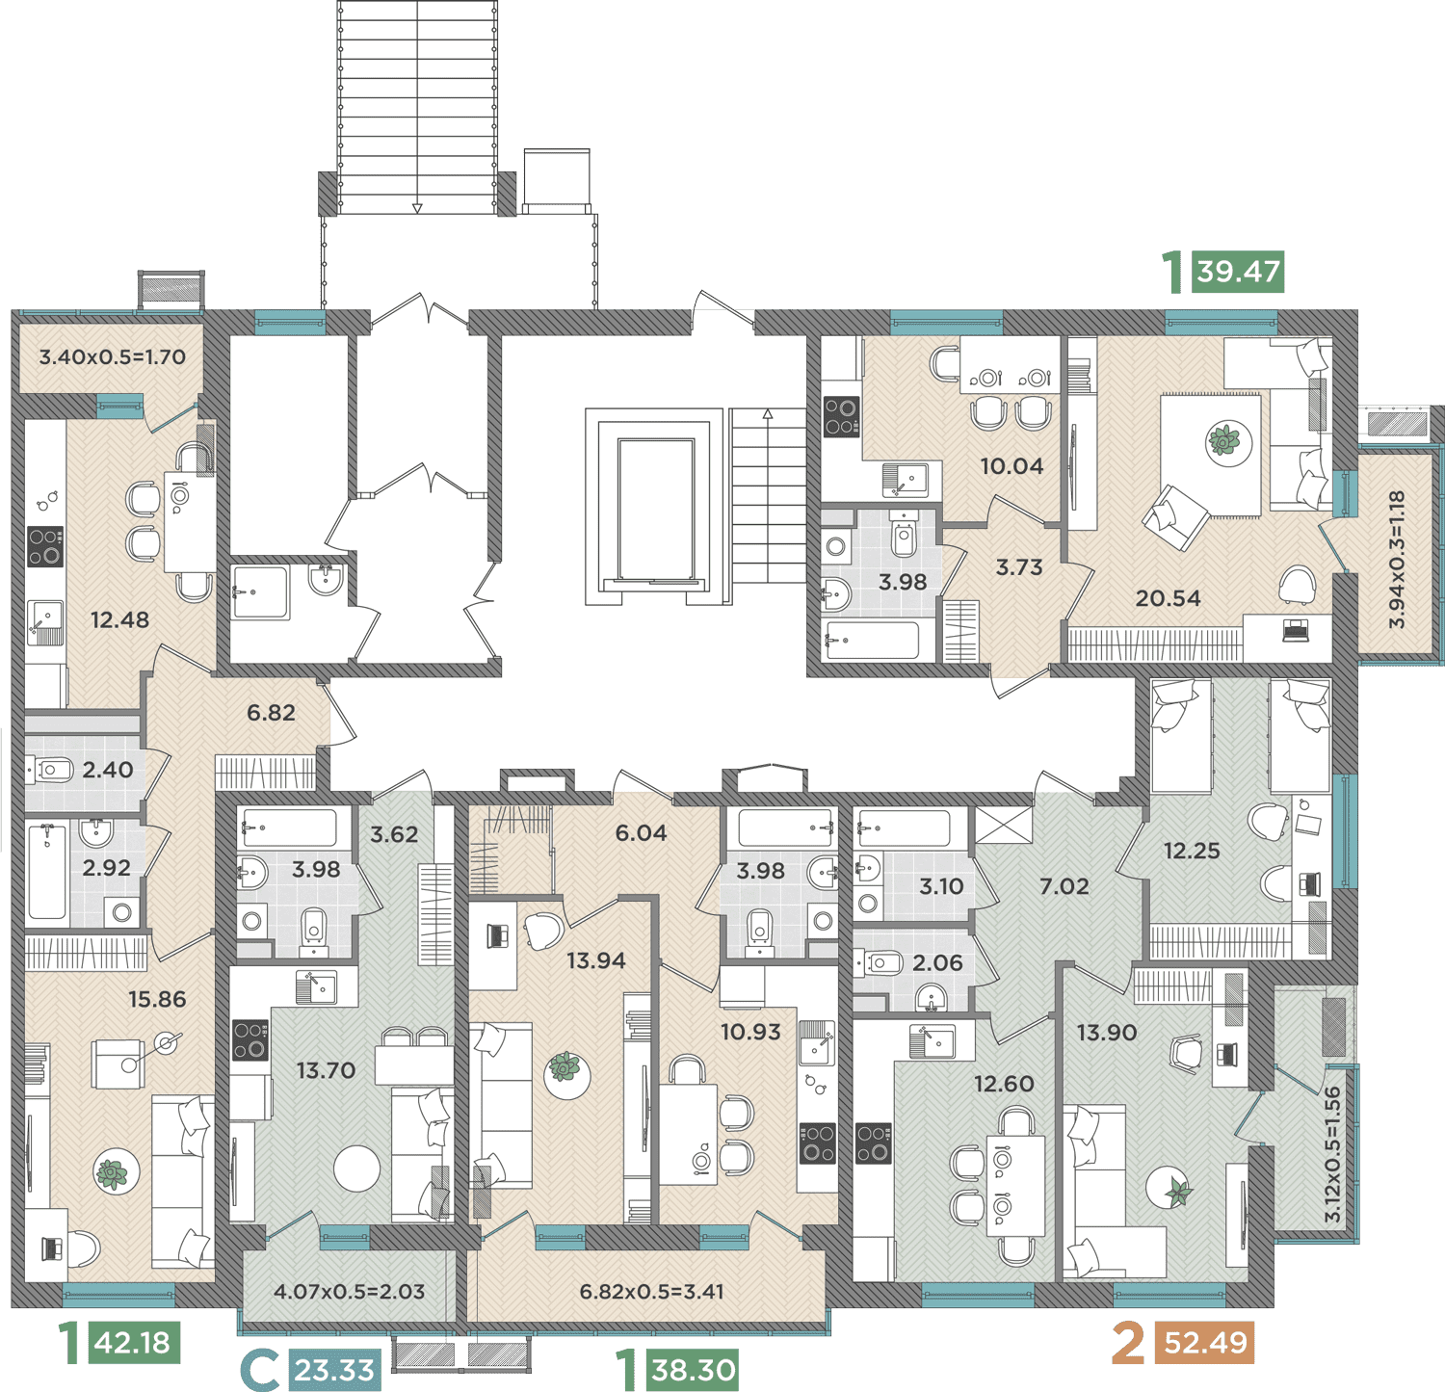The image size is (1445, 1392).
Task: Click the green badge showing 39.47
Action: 1238,272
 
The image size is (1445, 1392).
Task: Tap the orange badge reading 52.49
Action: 1205,1342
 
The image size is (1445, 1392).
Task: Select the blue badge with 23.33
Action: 334,1370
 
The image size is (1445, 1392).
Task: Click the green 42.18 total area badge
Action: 133,1342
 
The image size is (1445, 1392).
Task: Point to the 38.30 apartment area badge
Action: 694,1370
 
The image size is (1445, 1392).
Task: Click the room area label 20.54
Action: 1168,598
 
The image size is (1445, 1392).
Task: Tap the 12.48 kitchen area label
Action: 119,619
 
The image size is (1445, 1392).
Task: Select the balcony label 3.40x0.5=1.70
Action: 112,356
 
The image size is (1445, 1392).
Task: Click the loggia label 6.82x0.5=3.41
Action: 651,1291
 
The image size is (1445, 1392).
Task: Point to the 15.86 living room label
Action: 157,999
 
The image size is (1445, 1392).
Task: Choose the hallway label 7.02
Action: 1064,886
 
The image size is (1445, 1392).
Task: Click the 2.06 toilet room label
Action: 937,962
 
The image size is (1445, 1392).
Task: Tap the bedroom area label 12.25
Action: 1192,851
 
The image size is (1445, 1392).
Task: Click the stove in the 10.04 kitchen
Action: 841,416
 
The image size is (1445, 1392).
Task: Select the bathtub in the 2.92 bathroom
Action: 47,872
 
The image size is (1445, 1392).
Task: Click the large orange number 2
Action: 1128,1342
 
